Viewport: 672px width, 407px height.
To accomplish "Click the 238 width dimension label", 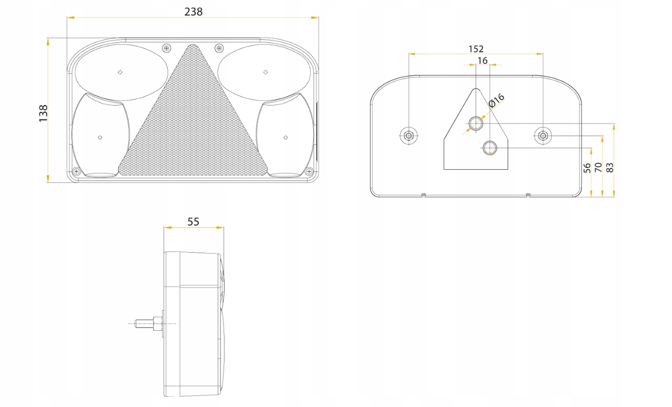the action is [194, 12].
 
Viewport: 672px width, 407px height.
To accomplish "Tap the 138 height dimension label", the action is [43, 114].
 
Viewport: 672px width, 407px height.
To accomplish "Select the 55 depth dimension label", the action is [193, 222].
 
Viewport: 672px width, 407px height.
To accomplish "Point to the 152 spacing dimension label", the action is [476, 49].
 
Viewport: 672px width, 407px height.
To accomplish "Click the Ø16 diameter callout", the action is [496, 100].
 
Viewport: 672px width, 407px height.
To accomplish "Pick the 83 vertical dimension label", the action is [610, 168].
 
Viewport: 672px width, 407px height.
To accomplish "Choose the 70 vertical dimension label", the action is [598, 167].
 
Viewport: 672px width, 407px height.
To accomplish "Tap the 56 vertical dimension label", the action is [587, 168].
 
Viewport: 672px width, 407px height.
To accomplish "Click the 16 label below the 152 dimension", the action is [482, 61].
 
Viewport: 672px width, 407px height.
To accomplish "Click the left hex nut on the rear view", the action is [408, 136].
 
